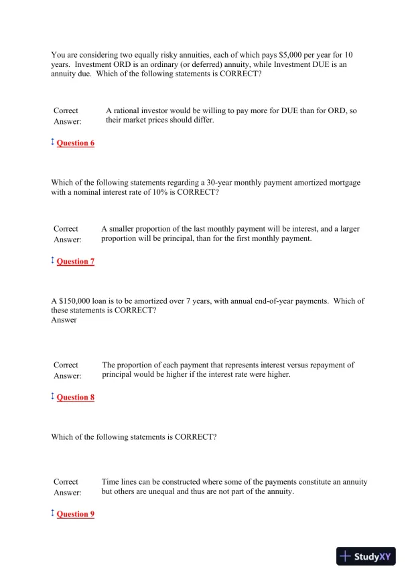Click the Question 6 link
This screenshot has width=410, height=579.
[76, 143]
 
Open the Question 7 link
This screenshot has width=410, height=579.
[76, 262]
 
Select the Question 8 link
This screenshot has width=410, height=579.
[76, 398]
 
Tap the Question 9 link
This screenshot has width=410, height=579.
[76, 514]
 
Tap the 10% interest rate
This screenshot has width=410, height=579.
[161, 192]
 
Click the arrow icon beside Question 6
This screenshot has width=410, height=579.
[53, 143]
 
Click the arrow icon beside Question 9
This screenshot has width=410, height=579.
[53, 513]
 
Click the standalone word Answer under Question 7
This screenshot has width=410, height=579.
[64, 320]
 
